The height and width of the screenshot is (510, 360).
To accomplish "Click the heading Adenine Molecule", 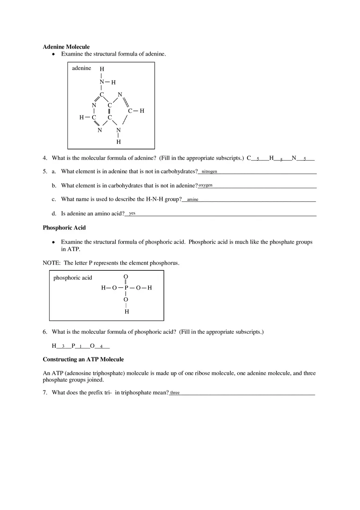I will pyautogui.click(x=66, y=47).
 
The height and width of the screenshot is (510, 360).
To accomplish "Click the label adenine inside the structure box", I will pyautogui.click(x=81, y=68).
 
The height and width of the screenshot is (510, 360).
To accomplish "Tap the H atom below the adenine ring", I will pyautogui.click(x=119, y=142).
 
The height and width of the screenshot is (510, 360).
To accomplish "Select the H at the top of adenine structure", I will pyautogui.click(x=102, y=69).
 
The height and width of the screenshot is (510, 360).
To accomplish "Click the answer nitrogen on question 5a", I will pyautogui.click(x=209, y=171).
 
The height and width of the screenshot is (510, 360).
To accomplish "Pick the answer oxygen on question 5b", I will pyautogui.click(x=205, y=185).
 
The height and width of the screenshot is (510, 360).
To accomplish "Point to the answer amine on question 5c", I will pyautogui.click(x=192, y=200).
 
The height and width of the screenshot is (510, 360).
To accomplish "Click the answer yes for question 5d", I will pyautogui.click(x=132, y=213).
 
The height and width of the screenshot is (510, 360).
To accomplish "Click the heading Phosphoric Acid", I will pyautogui.click(x=64, y=228).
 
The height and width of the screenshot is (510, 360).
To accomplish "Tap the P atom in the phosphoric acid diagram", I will pyautogui.click(x=126, y=288).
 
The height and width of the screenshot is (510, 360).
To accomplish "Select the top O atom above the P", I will pyautogui.click(x=126, y=277).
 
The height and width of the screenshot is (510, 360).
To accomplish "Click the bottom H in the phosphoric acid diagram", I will pyautogui.click(x=126, y=312).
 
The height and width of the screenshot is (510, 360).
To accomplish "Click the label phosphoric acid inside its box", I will pyautogui.click(x=73, y=278).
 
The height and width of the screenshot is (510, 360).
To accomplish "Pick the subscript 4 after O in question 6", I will pyautogui.click(x=101, y=346).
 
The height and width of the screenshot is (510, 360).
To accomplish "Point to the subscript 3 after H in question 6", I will pyautogui.click(x=63, y=346).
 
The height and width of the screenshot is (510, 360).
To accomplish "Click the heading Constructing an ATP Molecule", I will pyautogui.click(x=83, y=359).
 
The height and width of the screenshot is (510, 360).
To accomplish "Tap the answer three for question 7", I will pyautogui.click(x=175, y=393).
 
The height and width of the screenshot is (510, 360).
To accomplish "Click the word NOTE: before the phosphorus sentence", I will pyautogui.click(x=52, y=263).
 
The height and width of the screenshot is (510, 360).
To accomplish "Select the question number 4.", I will pyautogui.click(x=45, y=158).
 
